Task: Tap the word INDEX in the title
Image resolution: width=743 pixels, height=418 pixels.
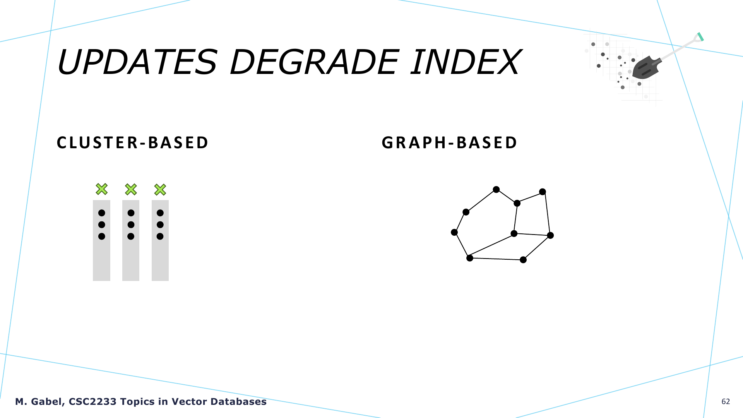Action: [x=466, y=62]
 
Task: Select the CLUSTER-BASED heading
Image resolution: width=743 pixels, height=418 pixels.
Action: [x=133, y=142]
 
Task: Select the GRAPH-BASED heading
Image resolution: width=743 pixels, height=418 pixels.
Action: [x=449, y=142]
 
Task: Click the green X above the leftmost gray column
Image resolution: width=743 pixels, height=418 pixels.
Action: [x=102, y=189]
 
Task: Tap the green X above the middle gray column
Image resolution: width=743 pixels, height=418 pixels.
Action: [x=131, y=189]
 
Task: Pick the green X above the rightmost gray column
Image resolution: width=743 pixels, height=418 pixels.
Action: [x=160, y=190]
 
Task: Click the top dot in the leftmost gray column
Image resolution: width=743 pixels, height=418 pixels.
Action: [x=102, y=213]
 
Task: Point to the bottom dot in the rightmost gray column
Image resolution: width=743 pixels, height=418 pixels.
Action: [x=160, y=236]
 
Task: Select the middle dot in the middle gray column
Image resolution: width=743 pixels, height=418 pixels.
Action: [x=131, y=225]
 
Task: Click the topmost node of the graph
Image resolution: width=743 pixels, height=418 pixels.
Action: [x=496, y=189]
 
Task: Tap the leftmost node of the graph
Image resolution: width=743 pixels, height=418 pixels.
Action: [x=454, y=232]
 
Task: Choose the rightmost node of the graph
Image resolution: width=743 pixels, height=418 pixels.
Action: [x=550, y=235]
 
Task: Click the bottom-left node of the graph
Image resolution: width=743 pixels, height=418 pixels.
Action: [x=470, y=258]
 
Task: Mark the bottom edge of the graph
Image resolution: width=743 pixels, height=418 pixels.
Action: [x=496, y=259]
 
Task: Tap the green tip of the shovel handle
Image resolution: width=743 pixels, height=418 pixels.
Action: [x=700, y=37]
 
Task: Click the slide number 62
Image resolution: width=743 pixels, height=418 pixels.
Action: [x=726, y=402]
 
